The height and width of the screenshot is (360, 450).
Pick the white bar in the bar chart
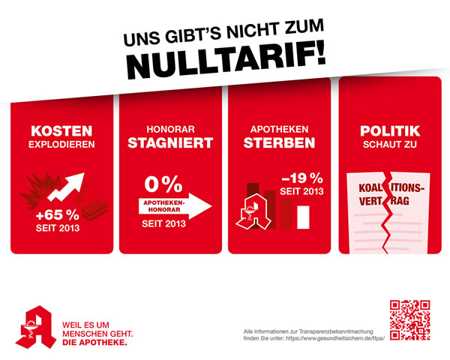[304, 216]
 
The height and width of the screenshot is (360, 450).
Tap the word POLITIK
[388, 129]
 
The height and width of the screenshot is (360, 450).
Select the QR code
[410, 320]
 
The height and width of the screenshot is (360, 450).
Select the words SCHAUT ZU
[388, 143]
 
